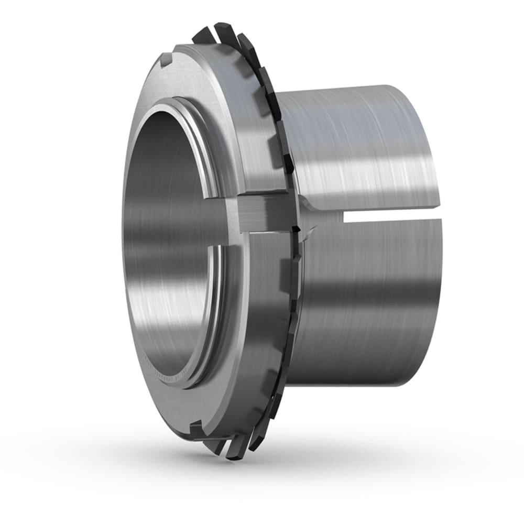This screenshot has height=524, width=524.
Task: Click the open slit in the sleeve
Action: (393, 214)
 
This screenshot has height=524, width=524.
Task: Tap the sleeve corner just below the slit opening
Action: (438, 222)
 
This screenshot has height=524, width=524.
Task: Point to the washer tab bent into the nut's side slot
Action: (262, 212)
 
